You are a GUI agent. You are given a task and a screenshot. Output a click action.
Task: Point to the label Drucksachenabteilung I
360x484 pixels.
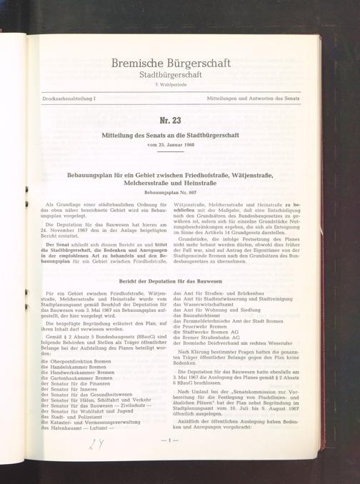(x=69, y=95)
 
